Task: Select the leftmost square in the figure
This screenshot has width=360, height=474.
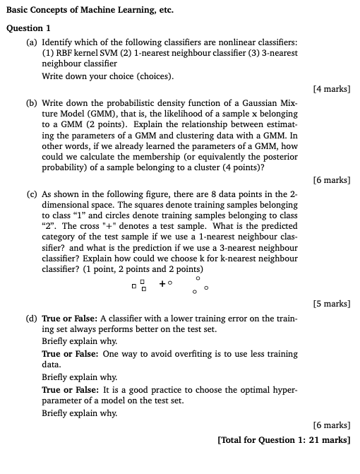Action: point(133,286)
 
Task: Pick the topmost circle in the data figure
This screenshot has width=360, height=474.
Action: point(198,278)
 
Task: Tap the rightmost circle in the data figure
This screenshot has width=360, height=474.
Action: point(206,288)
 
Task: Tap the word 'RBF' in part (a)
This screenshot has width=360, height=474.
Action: point(59,53)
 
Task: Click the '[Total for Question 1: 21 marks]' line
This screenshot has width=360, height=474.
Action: point(284,439)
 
